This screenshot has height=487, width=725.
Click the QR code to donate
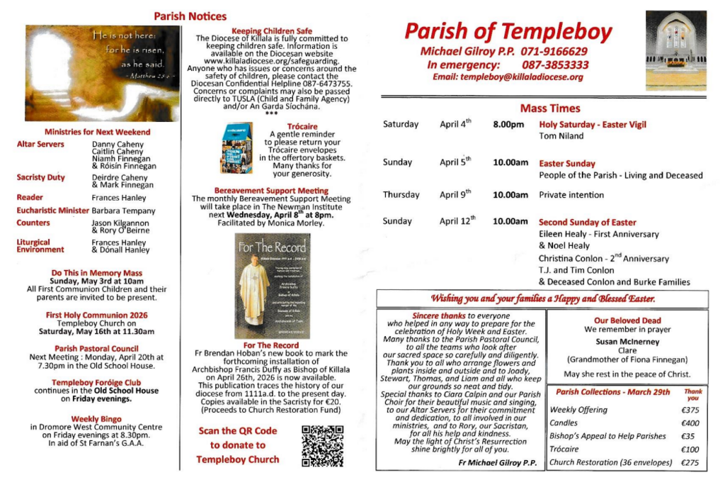tap(322, 446)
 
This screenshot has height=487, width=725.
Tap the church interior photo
tap(675, 43)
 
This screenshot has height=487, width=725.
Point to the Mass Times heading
tap(549, 108)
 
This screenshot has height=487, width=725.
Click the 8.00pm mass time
tap(508, 124)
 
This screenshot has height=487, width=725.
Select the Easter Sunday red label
tap(567, 164)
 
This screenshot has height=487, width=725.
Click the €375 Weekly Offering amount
tap(690, 410)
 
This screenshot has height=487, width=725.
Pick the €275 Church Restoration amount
tap(690, 463)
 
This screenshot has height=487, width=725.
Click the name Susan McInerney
tap(627, 342)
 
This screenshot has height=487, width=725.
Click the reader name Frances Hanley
tap(119, 198)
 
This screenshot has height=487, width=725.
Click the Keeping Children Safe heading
tap(271, 31)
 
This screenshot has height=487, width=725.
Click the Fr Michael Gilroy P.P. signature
tap(497, 462)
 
